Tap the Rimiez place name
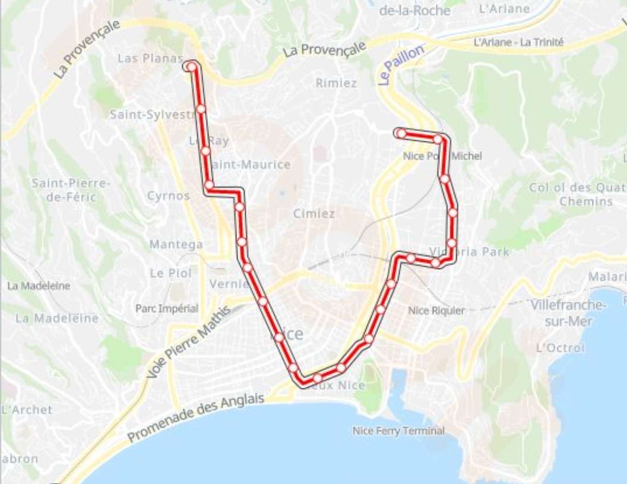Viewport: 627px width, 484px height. tap(336, 83)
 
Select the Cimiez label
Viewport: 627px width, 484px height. tap(313, 214)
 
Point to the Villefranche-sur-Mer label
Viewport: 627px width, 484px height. tap(569, 313)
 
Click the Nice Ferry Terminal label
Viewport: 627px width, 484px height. tap(398, 431)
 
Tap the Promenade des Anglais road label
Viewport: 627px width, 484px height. tap(196, 418)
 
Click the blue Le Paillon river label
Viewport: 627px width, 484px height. tap(401, 65)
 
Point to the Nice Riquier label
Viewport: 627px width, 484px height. tap(436, 310)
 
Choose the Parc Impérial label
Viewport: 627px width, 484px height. tap(167, 309)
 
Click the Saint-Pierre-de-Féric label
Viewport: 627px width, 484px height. tap(71, 190)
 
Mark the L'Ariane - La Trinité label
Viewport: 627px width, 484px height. tap(518, 42)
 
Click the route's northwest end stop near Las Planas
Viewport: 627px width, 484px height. tap(191, 67)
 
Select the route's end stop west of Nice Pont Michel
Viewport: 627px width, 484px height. tap(401, 133)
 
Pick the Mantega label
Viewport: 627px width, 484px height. tap(176, 244)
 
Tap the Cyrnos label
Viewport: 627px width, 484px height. tap(169, 195)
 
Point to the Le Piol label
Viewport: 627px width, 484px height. tap(170, 273)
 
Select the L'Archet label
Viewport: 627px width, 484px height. tap(27, 409)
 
